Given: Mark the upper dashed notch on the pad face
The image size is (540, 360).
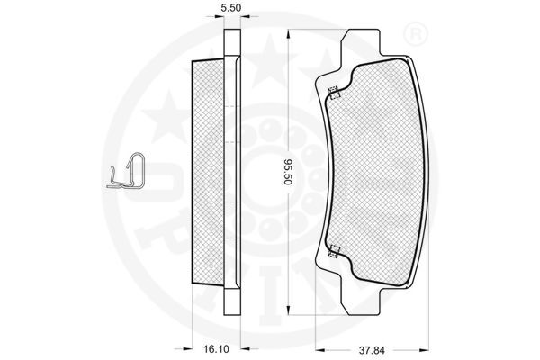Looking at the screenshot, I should (x=334, y=90).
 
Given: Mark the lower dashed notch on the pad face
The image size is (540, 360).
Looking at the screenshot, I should (x=334, y=253).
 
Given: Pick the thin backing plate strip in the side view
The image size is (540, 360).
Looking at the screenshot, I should (x=233, y=171).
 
